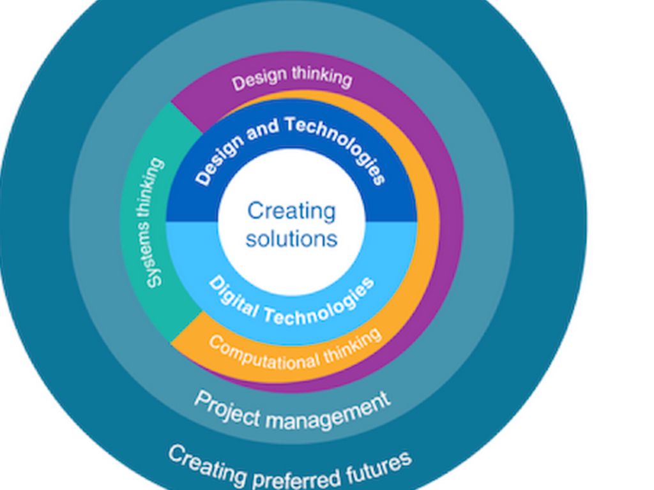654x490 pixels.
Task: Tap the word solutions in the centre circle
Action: pyautogui.click(x=291, y=239)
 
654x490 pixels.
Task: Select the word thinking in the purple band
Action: pyautogui.click(x=322, y=76)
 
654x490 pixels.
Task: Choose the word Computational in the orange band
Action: pyautogui.click(x=262, y=355)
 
